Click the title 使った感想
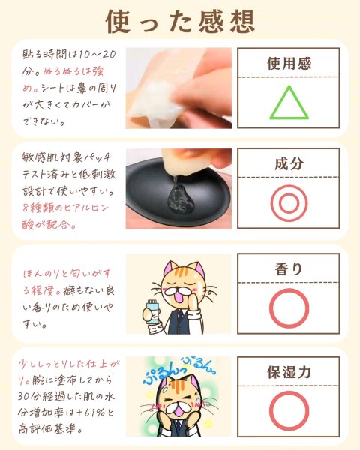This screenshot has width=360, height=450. [180, 21]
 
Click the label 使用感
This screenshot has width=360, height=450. [289, 63]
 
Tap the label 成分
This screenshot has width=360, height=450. [289, 163]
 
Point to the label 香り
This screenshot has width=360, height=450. [289, 269]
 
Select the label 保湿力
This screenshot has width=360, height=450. [289, 372]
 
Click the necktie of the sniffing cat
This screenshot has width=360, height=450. [180, 319]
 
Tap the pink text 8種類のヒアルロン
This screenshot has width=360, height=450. [65, 208]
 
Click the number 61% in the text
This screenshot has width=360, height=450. [94, 412]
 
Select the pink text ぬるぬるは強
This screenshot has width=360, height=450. [73, 71]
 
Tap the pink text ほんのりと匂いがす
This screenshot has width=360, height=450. [67, 274]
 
